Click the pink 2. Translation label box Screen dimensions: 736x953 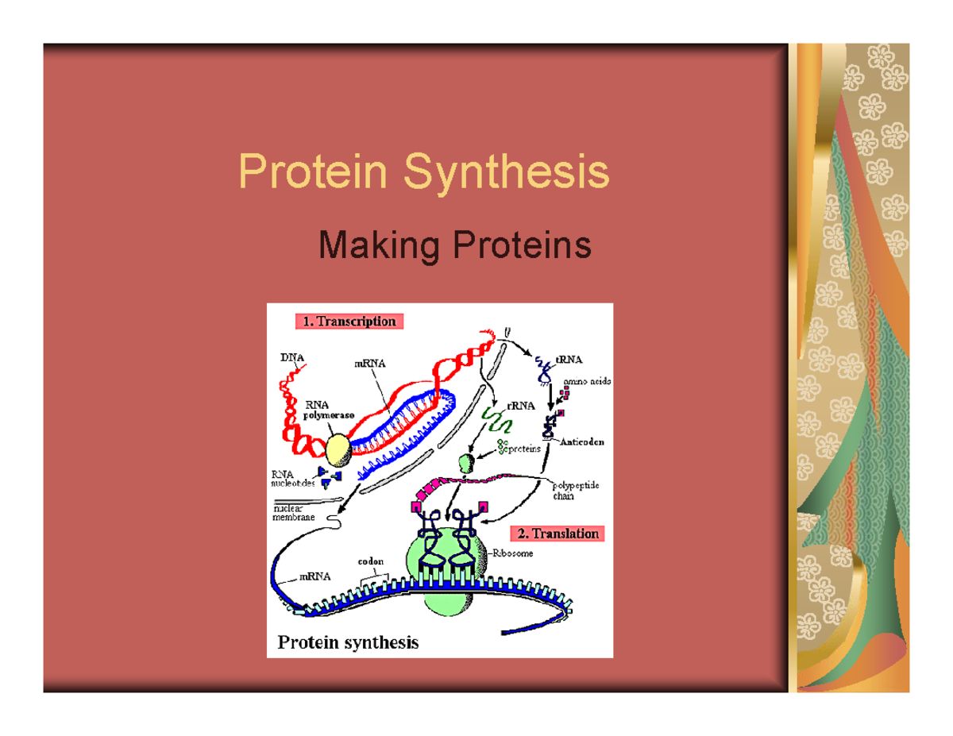[556, 534]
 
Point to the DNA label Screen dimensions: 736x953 [291, 358]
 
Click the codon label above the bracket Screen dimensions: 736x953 [371, 561]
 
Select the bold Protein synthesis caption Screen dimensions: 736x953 [346, 642]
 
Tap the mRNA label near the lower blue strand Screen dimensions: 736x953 [314, 578]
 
